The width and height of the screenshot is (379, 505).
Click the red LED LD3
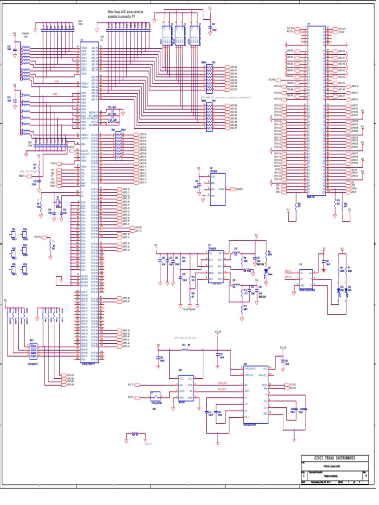348,290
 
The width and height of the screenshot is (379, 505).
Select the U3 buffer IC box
306,280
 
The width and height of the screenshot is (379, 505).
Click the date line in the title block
326,482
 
